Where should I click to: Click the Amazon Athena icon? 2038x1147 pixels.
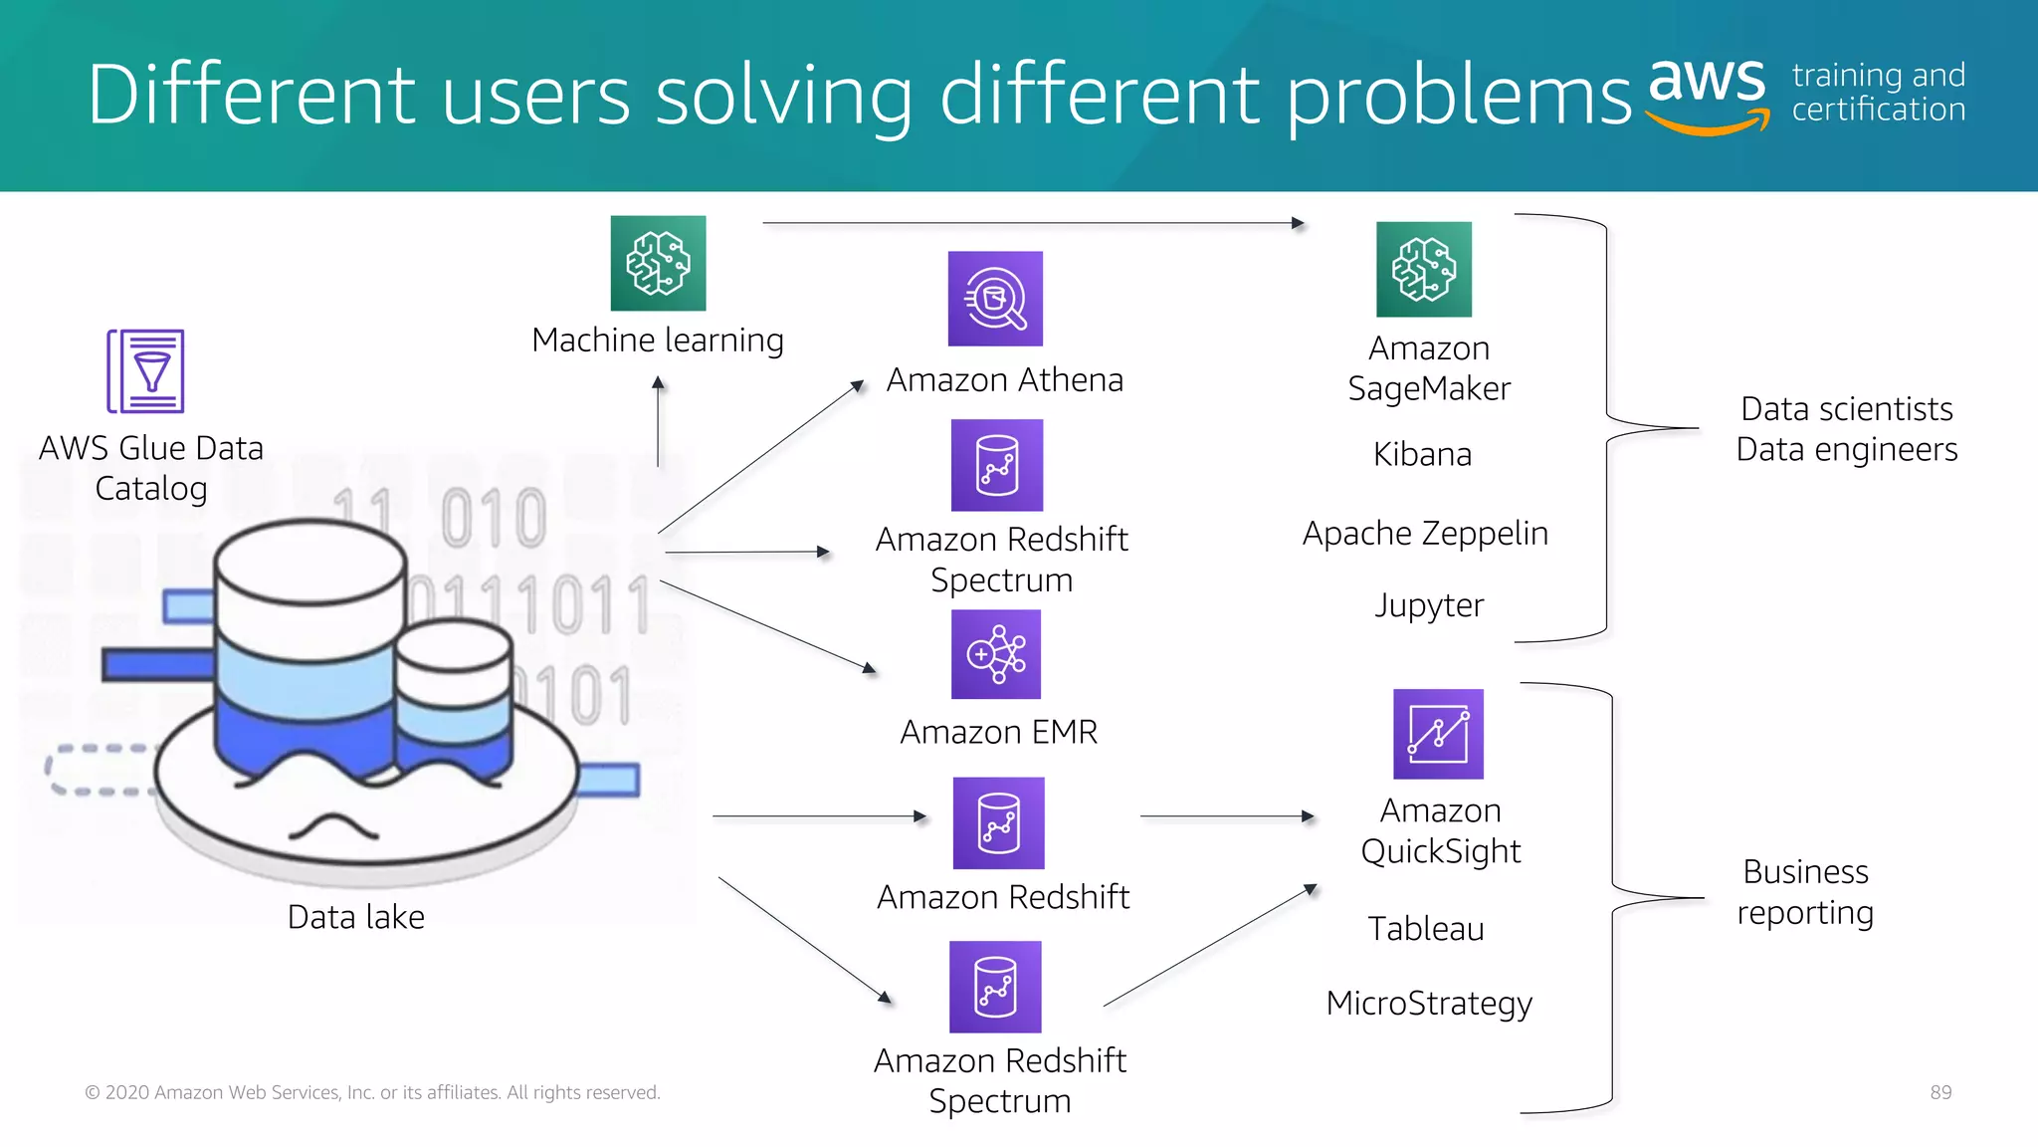click(x=995, y=299)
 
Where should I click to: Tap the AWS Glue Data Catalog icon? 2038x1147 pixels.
click(x=146, y=371)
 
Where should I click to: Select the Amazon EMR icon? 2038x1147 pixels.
click(x=996, y=654)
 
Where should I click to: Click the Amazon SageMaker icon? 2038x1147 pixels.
click(x=1423, y=270)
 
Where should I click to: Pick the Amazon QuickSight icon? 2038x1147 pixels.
click(x=1438, y=734)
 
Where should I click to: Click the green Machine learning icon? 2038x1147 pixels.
click(x=658, y=264)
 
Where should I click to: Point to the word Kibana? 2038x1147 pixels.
click(x=1422, y=454)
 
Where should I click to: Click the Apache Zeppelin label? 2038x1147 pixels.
click(x=1425, y=534)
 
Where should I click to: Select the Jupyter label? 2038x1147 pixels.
click(x=1429, y=605)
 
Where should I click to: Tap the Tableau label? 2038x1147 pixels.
click(x=1425, y=928)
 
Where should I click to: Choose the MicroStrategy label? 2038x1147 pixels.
click(x=1429, y=1003)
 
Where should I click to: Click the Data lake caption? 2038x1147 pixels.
click(x=355, y=916)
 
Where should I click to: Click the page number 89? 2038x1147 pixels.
click(x=1940, y=1092)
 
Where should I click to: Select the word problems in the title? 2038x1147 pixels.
click(x=1459, y=96)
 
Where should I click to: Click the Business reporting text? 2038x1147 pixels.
click(x=1805, y=892)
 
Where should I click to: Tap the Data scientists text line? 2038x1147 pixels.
click(x=1846, y=409)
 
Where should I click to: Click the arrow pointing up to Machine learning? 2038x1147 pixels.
click(x=658, y=423)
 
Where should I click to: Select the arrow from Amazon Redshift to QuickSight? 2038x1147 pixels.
click(x=1226, y=816)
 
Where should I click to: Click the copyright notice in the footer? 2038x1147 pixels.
click(x=372, y=1092)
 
